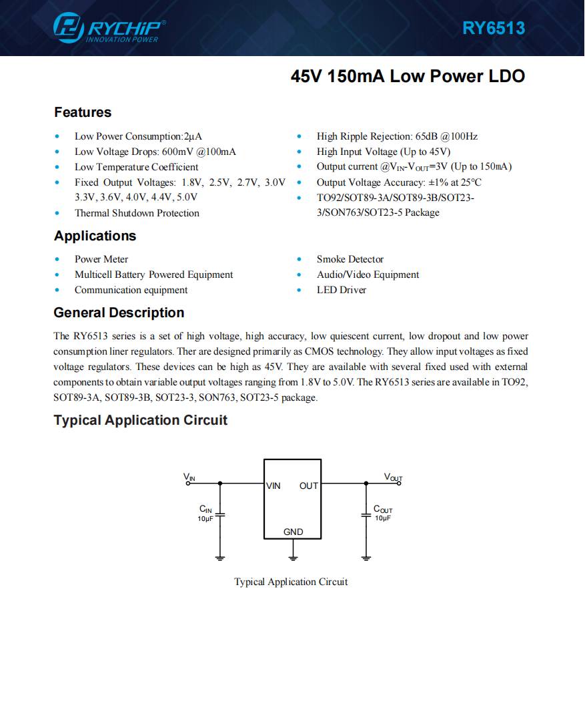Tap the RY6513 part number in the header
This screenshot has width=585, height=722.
tap(494, 28)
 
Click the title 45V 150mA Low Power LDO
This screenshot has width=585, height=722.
tap(408, 76)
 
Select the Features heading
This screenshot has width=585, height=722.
tap(83, 112)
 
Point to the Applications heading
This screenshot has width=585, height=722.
tap(95, 236)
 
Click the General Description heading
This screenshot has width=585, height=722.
tap(119, 313)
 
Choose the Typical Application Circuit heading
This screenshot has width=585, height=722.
tap(140, 420)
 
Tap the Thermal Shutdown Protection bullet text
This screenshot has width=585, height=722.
tap(137, 213)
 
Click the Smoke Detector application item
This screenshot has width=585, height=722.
tap(350, 259)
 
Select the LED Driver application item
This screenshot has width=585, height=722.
tap(342, 290)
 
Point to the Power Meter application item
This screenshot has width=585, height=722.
tap(101, 259)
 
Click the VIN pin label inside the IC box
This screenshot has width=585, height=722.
tap(273, 486)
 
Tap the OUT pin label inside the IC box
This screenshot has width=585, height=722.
tap(309, 486)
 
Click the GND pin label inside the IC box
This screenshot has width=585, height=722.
tap(293, 532)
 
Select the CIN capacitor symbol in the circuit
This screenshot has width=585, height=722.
tap(221, 515)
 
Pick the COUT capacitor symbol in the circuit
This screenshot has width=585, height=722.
tap(366, 515)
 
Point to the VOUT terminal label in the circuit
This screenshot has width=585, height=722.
tap(393, 477)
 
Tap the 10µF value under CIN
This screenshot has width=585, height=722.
tap(205, 519)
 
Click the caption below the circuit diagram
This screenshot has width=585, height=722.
tap(291, 582)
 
